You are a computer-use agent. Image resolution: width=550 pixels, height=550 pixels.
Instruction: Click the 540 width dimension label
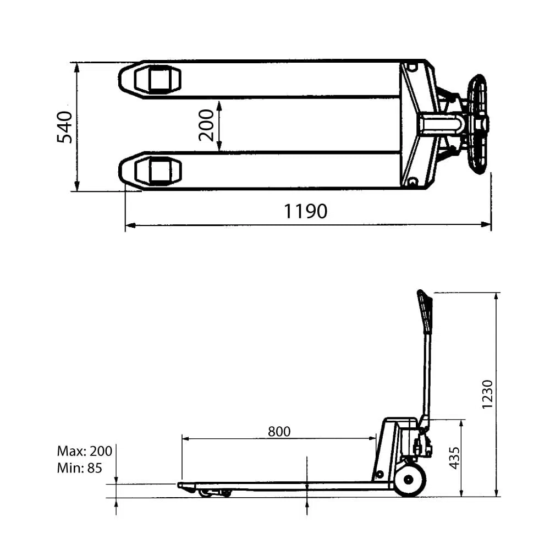coord(65,127)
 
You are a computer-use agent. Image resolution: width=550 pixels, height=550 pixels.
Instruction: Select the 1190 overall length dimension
coord(305,211)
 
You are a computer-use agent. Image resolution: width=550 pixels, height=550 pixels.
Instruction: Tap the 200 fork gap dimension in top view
coord(206,125)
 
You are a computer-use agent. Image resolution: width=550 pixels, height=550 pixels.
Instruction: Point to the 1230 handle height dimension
coord(487,393)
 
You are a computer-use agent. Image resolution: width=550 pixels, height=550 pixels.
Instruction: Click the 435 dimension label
coord(454,458)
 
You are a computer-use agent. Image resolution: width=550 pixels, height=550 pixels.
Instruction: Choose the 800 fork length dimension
coord(279,431)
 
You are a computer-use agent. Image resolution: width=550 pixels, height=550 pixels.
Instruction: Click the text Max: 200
coord(84,452)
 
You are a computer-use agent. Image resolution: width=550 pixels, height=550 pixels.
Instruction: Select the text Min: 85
coord(79,469)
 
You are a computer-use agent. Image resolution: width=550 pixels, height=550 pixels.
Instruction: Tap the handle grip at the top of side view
coord(425,311)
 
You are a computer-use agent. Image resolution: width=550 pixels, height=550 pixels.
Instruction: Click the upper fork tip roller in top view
coord(157,79)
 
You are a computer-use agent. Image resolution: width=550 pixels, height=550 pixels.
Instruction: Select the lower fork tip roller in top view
coord(157,170)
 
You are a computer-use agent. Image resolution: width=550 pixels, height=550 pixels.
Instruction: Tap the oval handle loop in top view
coord(477,124)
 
